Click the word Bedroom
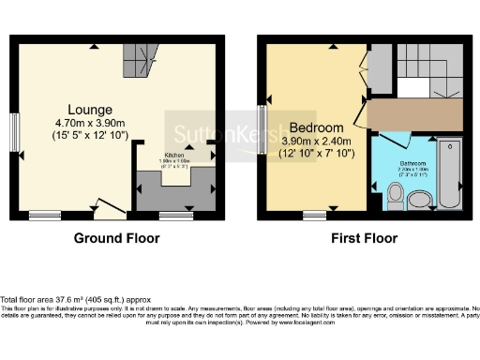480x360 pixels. (317, 127)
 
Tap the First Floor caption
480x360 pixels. (364, 239)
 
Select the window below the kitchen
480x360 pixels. (176, 216)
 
